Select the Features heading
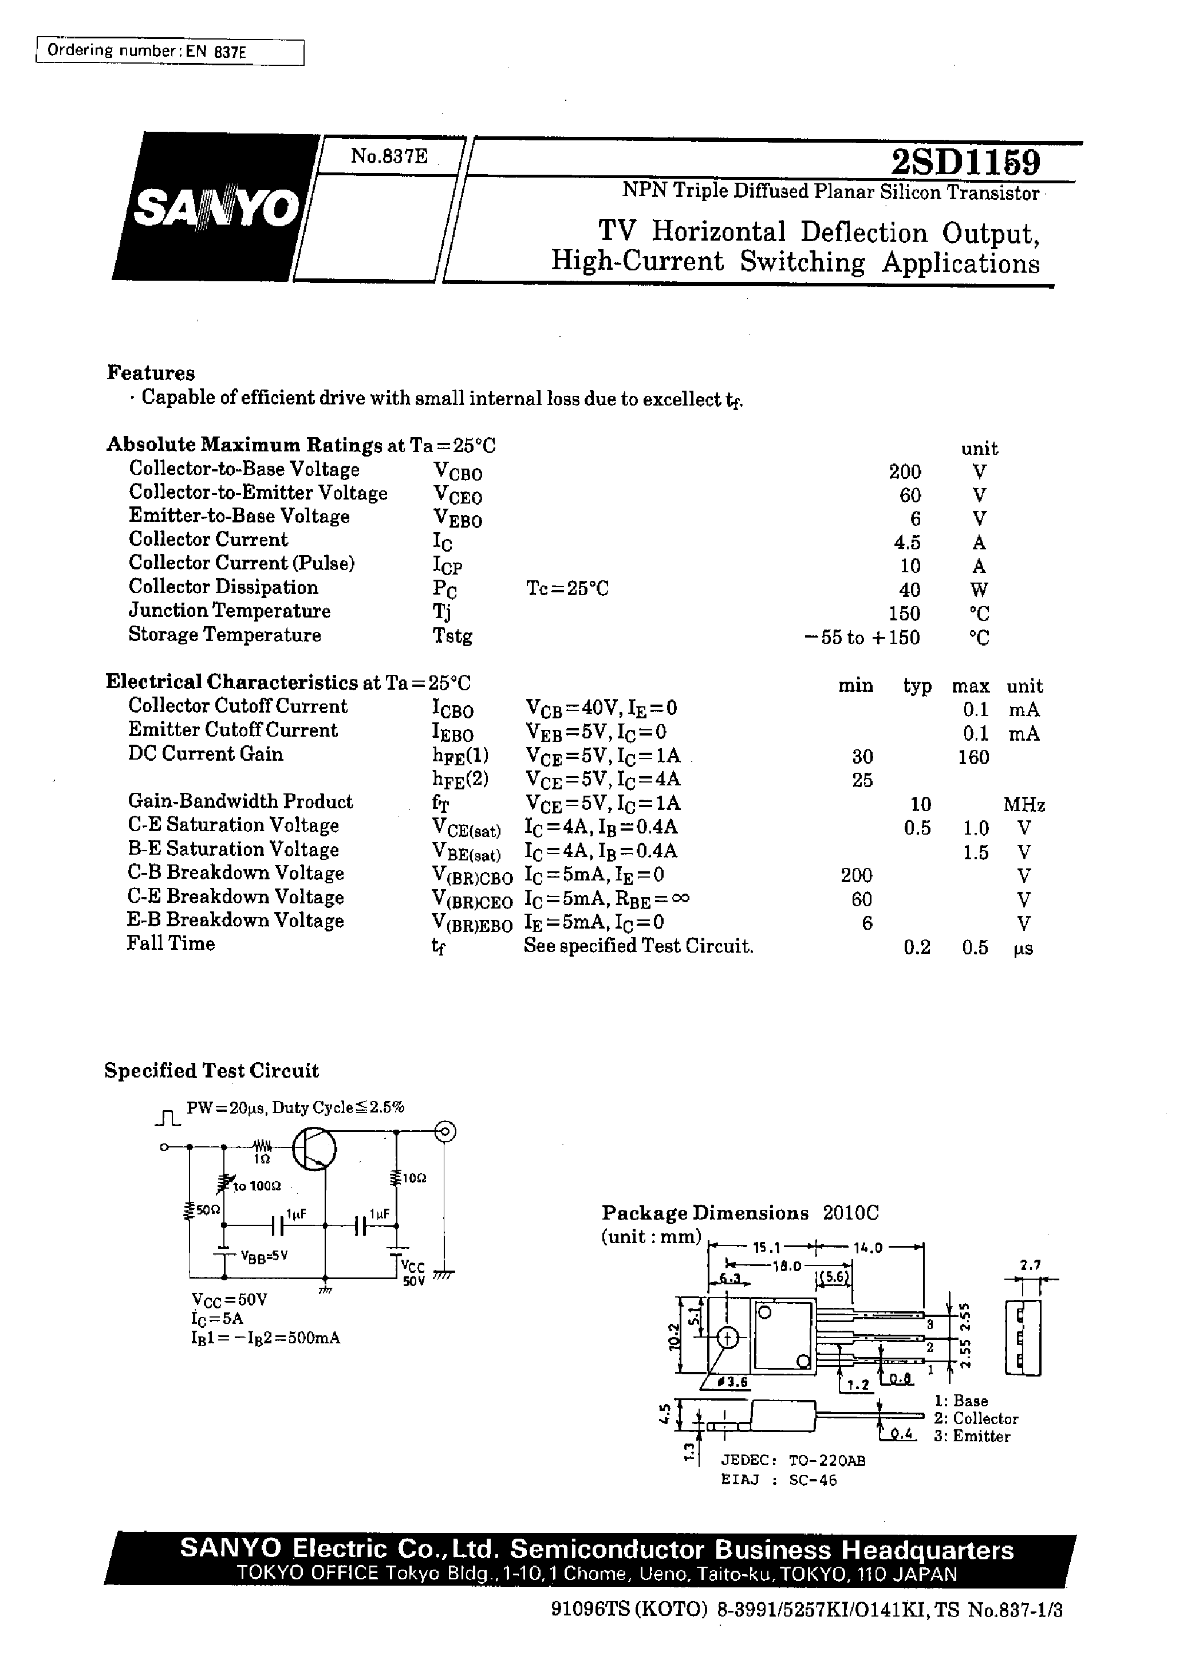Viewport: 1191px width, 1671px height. (x=151, y=372)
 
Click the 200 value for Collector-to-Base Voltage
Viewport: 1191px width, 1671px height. (x=904, y=471)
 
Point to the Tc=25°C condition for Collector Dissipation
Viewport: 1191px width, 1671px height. (x=567, y=589)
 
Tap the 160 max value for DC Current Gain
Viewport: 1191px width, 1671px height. (x=973, y=757)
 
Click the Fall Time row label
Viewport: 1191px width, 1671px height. (x=171, y=943)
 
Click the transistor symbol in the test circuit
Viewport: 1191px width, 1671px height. (x=314, y=1150)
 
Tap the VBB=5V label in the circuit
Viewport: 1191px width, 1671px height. (x=264, y=1255)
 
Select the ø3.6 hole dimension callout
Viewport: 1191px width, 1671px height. (x=733, y=1382)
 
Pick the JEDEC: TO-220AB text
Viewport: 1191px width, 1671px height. (x=794, y=1460)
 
